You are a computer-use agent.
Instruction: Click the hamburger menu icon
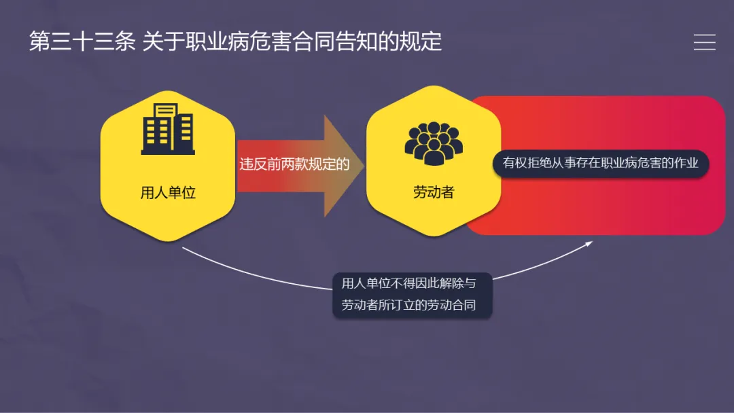704,42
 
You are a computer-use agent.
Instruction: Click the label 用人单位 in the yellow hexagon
168,192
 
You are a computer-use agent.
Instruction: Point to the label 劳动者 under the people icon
434,192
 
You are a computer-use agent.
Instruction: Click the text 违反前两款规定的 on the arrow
294,164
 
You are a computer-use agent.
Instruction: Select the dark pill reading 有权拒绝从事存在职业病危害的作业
601,163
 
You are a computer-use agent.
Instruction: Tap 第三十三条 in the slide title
82,41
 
